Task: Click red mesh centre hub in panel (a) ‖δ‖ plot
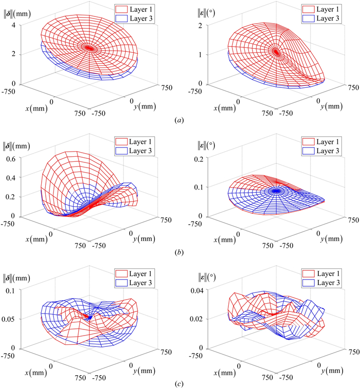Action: click(90, 48)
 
